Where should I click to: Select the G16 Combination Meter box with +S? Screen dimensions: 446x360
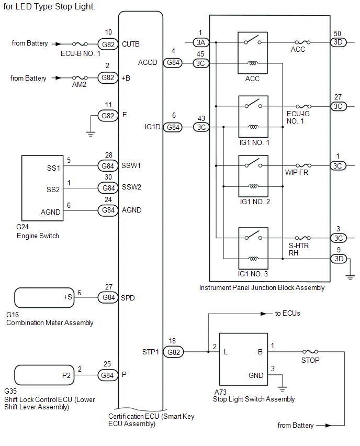point(44,298)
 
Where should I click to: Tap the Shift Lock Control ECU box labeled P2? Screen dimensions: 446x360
point(44,375)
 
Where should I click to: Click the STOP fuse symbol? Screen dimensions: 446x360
point(310,352)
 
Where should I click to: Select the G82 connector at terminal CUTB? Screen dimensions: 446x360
point(108,44)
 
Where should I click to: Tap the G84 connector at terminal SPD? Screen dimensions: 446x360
point(108,298)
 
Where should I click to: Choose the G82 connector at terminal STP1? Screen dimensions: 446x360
point(174,352)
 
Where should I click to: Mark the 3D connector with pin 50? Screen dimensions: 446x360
point(337,42)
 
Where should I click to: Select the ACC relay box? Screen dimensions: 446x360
point(253,53)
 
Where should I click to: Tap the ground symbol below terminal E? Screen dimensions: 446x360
point(91,133)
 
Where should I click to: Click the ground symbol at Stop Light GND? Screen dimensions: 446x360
point(282,388)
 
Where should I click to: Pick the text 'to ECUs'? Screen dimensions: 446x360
point(287,314)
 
